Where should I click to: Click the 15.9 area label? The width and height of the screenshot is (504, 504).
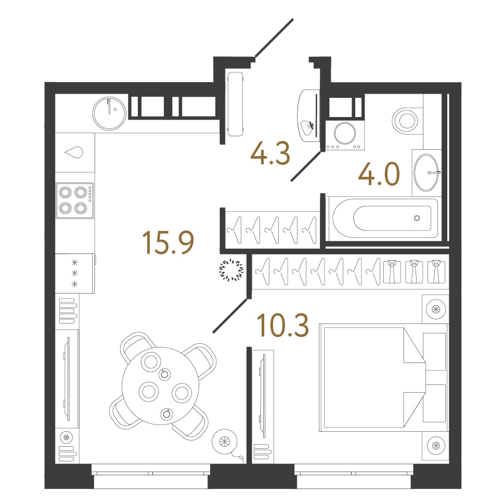click(x=168, y=242)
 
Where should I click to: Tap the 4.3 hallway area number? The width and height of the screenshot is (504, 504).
click(x=270, y=153)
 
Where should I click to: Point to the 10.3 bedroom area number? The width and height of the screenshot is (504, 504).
click(x=283, y=325)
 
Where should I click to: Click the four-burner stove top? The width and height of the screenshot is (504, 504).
click(x=74, y=201)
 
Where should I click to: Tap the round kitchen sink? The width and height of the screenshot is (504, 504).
click(x=109, y=113)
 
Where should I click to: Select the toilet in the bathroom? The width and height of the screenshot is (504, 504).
click(x=407, y=121)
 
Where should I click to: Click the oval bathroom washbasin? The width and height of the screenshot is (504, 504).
click(x=426, y=173)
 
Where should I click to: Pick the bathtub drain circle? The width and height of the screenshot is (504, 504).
click(x=417, y=218)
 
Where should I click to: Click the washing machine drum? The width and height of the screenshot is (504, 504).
click(x=345, y=133)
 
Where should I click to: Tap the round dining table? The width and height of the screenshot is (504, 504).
click(x=160, y=386)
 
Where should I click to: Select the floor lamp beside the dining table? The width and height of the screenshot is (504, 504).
click(x=224, y=441)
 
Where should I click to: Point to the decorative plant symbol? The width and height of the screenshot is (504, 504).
click(x=231, y=269)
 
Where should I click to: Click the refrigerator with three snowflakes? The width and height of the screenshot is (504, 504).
click(x=75, y=273)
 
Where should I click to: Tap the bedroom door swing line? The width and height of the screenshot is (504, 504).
click(x=230, y=316)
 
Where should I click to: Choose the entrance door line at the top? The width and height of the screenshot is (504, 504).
click(x=274, y=38)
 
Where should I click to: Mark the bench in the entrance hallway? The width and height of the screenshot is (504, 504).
click(x=235, y=104)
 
